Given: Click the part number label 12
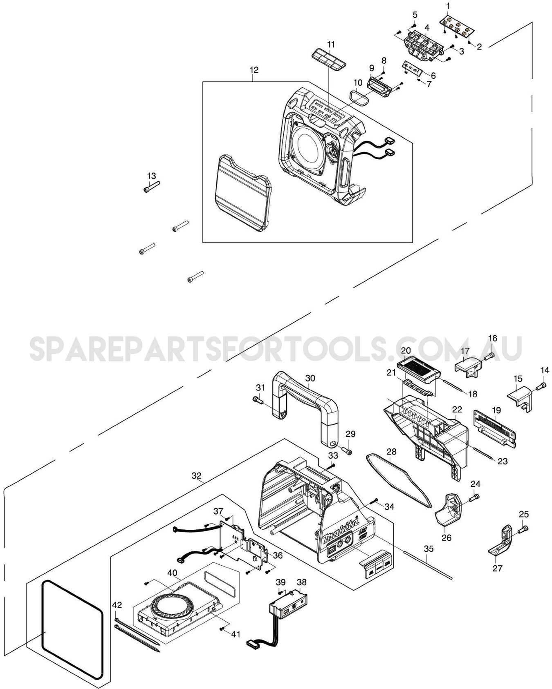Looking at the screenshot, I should tap(254, 70).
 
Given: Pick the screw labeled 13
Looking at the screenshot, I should tap(151, 188).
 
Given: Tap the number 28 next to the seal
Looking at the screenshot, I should tap(391, 452).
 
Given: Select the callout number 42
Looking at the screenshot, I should tap(117, 605).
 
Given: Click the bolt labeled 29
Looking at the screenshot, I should tap(348, 452).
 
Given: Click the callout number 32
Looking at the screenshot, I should tap(197, 476).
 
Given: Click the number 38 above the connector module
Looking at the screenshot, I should tap(301, 582).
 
